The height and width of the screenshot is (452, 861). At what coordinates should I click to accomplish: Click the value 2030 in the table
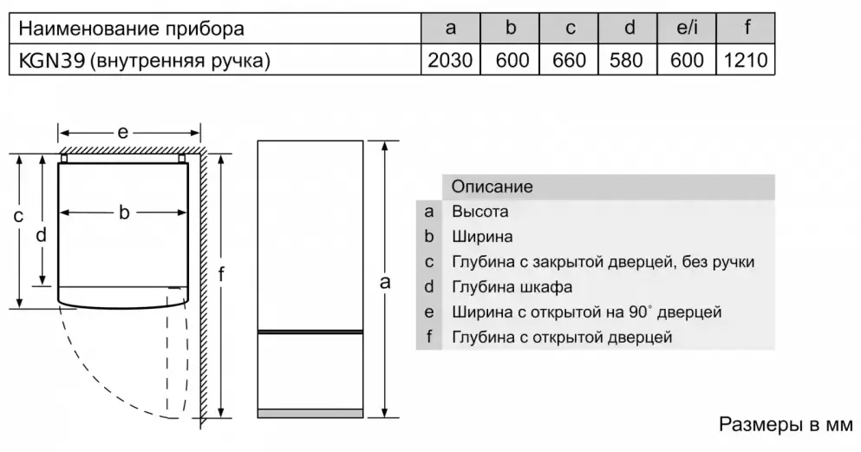pyautogui.click(x=450, y=60)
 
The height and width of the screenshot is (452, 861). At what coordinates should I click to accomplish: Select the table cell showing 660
pyautogui.click(x=569, y=60)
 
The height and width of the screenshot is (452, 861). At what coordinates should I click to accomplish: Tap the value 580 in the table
pyautogui.click(x=627, y=60)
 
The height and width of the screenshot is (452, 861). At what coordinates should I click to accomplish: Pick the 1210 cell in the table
pyautogui.click(x=746, y=60)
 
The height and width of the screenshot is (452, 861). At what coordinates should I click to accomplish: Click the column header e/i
pyautogui.click(x=687, y=28)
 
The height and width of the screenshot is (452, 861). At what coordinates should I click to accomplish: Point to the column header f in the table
pyautogui.click(x=747, y=27)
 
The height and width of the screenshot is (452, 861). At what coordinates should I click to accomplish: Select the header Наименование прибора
pyautogui.click(x=131, y=29)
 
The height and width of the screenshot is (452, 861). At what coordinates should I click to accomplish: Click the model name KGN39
pyautogui.click(x=52, y=60)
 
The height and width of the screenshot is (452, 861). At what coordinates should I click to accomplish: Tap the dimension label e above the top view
pyautogui.click(x=122, y=133)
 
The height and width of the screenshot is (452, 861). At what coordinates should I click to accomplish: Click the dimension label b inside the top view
pyautogui.click(x=124, y=212)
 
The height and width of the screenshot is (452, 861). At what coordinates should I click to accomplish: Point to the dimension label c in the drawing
pyautogui.click(x=18, y=216)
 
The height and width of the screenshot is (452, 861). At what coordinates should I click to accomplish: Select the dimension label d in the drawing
pyautogui.click(x=41, y=235)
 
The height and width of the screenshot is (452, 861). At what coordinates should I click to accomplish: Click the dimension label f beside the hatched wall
pyautogui.click(x=221, y=273)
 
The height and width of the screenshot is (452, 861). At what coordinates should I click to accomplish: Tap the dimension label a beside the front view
pyautogui.click(x=385, y=282)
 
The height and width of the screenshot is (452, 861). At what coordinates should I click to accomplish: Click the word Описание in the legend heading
pyautogui.click(x=492, y=187)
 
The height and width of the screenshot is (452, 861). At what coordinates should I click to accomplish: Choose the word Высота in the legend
pyautogui.click(x=479, y=212)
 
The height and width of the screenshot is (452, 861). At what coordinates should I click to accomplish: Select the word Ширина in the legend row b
pyautogui.click(x=482, y=237)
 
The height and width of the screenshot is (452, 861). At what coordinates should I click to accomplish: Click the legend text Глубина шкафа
pyautogui.click(x=512, y=286)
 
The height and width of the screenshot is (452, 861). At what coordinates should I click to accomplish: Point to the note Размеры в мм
pyautogui.click(x=786, y=424)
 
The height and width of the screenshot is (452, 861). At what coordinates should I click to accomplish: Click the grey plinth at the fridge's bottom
pyautogui.click(x=310, y=413)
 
